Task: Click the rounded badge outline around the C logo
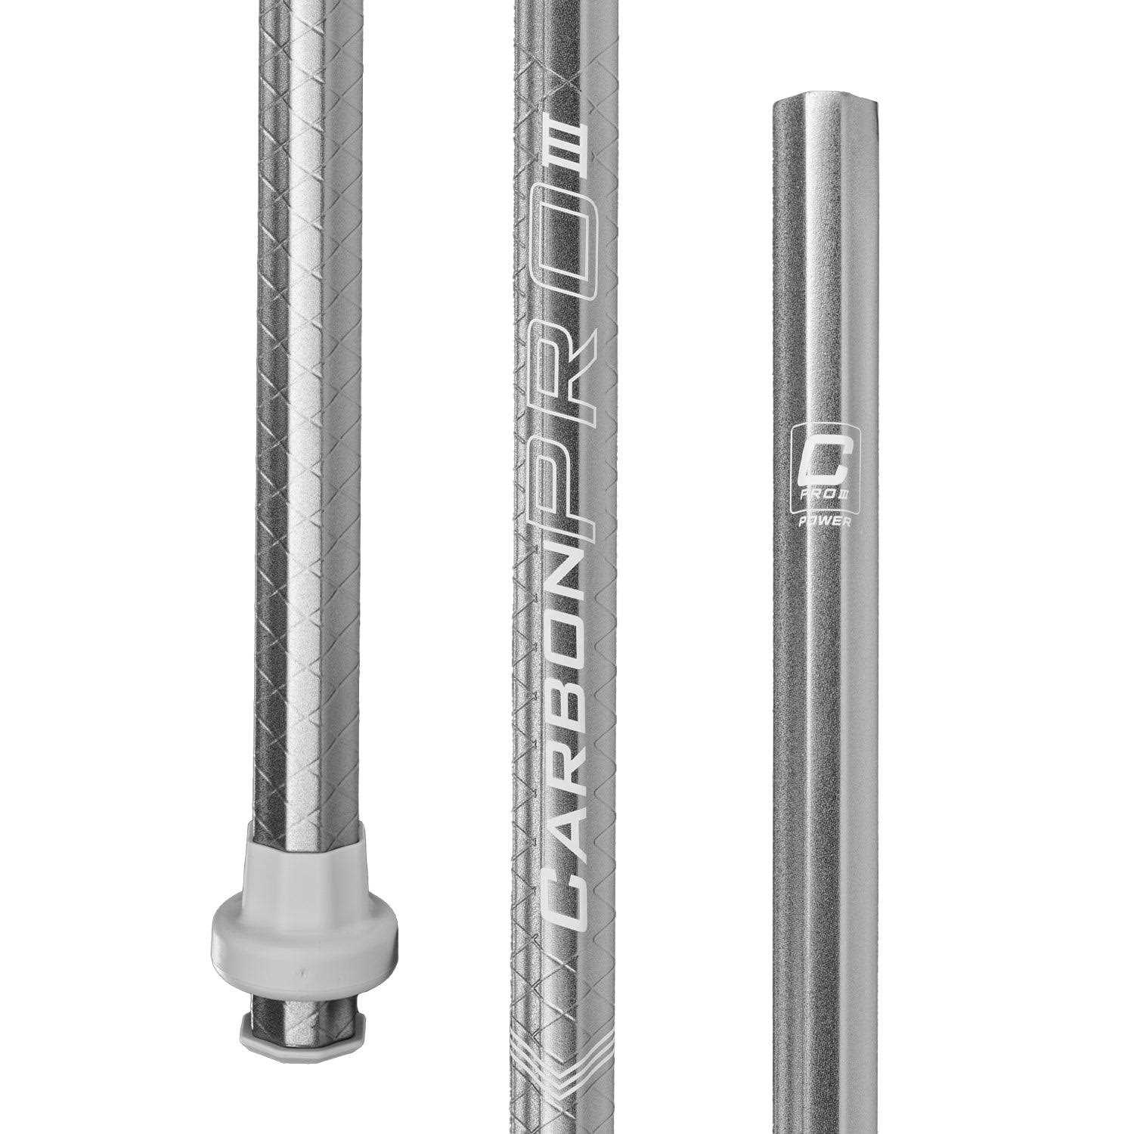[x=792, y=476]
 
